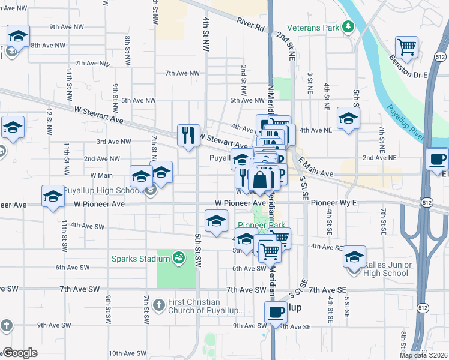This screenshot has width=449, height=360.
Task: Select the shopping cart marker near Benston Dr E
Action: click(407, 47)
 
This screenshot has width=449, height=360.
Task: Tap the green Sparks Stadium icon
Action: click(178, 259)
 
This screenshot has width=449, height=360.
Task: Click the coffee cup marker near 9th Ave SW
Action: click(276, 313)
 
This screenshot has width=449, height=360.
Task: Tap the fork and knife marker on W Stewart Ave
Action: click(188, 135)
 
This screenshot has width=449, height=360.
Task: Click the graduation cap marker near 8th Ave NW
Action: click(19, 36)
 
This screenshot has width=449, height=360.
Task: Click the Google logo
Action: click(20, 353)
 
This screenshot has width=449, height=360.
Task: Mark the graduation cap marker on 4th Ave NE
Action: click(348, 118)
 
